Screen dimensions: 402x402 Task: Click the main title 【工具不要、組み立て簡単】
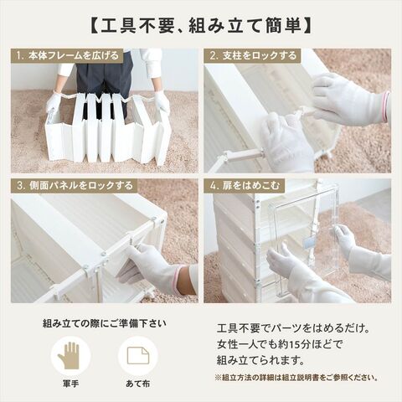201,26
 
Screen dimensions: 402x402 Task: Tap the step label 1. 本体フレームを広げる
67,56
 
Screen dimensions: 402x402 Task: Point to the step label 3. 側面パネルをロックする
75,186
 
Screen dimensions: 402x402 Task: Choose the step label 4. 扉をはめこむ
245,186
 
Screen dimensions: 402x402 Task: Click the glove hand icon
69,355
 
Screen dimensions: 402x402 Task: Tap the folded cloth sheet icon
138,355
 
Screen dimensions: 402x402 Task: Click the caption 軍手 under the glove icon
70,384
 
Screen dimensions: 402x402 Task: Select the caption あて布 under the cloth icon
138,384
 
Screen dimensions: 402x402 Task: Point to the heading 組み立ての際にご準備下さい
105,324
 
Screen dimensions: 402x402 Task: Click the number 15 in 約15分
294,345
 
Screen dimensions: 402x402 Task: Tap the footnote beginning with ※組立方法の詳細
296,378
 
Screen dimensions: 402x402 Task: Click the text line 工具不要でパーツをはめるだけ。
293,328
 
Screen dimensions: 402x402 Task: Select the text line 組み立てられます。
260,361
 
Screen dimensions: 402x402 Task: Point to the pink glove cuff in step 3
176,279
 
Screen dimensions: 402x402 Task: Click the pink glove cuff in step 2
387,106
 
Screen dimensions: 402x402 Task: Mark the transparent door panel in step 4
303,240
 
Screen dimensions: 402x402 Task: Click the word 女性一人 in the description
239,345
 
